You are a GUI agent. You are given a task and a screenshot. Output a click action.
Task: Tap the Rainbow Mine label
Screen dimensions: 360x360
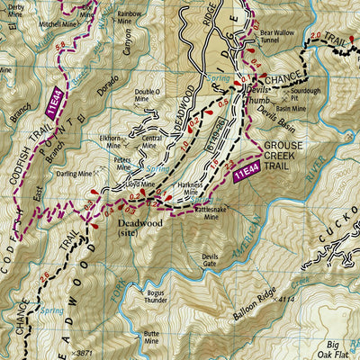[130, 18]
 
